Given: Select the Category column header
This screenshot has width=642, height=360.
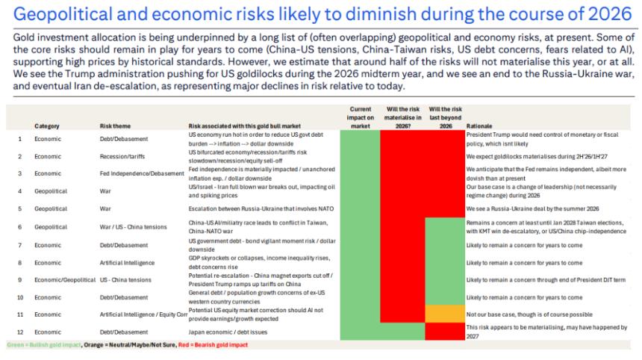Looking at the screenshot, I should click(x=47, y=126).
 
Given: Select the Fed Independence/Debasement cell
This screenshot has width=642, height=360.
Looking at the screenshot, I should click(x=141, y=173).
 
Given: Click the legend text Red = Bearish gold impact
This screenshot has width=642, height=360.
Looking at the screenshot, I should click(x=212, y=345).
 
